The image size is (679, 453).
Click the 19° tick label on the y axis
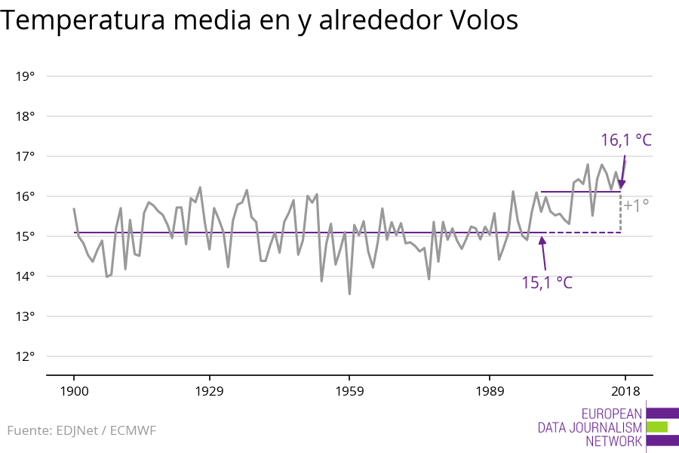pos(26,76)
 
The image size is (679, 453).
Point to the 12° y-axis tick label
pos(26,356)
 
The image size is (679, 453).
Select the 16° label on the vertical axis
pos(26,196)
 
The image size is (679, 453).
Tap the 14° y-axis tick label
pos(26,276)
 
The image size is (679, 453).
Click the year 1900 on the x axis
pos(73,391)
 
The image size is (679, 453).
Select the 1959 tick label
pos(349,391)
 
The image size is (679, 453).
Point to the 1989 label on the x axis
pos(490,391)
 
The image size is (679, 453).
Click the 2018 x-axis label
pos(625,391)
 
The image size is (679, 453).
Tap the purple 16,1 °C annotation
pos(625,140)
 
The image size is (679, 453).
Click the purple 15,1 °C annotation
pos(547,283)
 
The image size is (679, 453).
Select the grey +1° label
pos(636,205)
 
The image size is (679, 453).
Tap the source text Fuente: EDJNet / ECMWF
pos(81,431)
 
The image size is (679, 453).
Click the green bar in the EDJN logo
pos(657,427)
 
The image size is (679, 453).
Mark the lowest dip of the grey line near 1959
pos(349,293)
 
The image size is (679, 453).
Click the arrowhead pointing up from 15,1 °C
pos(542,241)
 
